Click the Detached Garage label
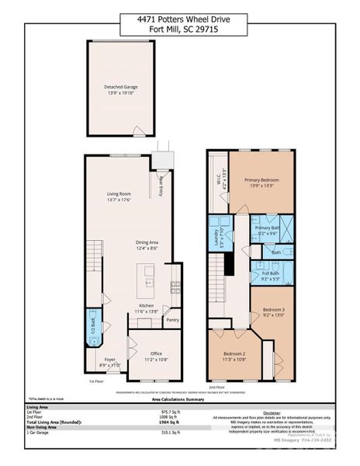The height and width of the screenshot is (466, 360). [x=120, y=88]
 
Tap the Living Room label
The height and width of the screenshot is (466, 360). [x=119, y=194]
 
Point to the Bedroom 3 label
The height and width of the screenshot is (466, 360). [x=273, y=309]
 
